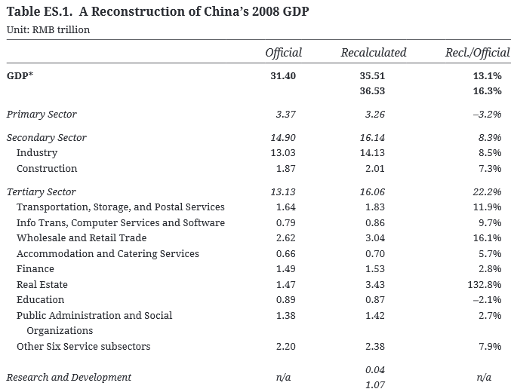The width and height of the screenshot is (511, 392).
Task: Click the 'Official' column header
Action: point(283,53)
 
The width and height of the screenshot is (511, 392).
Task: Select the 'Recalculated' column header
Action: point(373,53)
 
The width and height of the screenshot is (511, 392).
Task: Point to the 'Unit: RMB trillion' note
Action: point(48,29)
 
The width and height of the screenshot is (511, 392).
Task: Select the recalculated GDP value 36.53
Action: point(373,90)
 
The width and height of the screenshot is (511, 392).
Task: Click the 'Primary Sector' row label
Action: point(42,114)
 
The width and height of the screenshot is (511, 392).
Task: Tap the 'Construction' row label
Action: point(47,168)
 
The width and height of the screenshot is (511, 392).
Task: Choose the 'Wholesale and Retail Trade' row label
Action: point(82,237)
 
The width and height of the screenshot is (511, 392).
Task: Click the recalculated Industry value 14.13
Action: point(373,153)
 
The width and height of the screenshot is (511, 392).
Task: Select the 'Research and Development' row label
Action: point(69,377)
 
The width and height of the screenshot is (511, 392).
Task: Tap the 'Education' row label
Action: point(41,299)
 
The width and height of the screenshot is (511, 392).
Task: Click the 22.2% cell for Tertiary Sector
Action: point(487,191)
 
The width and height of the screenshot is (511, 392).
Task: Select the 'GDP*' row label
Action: point(20,76)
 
